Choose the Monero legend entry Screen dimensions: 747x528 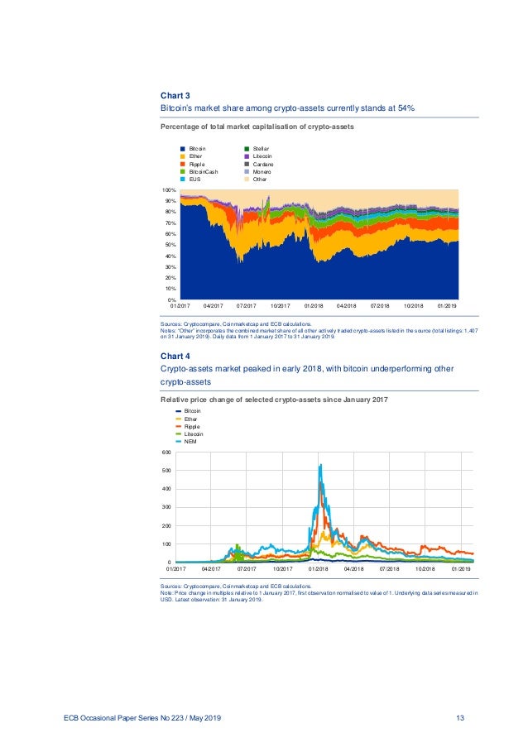pos(268,171)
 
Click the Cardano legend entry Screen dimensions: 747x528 pos(269,164)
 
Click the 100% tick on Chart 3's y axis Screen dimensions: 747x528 pos(169,190)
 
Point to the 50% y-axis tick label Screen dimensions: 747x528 pos(170,245)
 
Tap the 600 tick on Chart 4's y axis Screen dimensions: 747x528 pos(166,453)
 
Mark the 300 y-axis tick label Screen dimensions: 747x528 pos(166,507)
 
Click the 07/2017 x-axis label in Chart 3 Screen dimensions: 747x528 pos(247,306)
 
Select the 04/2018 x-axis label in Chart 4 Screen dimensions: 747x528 pos(353,569)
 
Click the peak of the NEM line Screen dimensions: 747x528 pos(319,465)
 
